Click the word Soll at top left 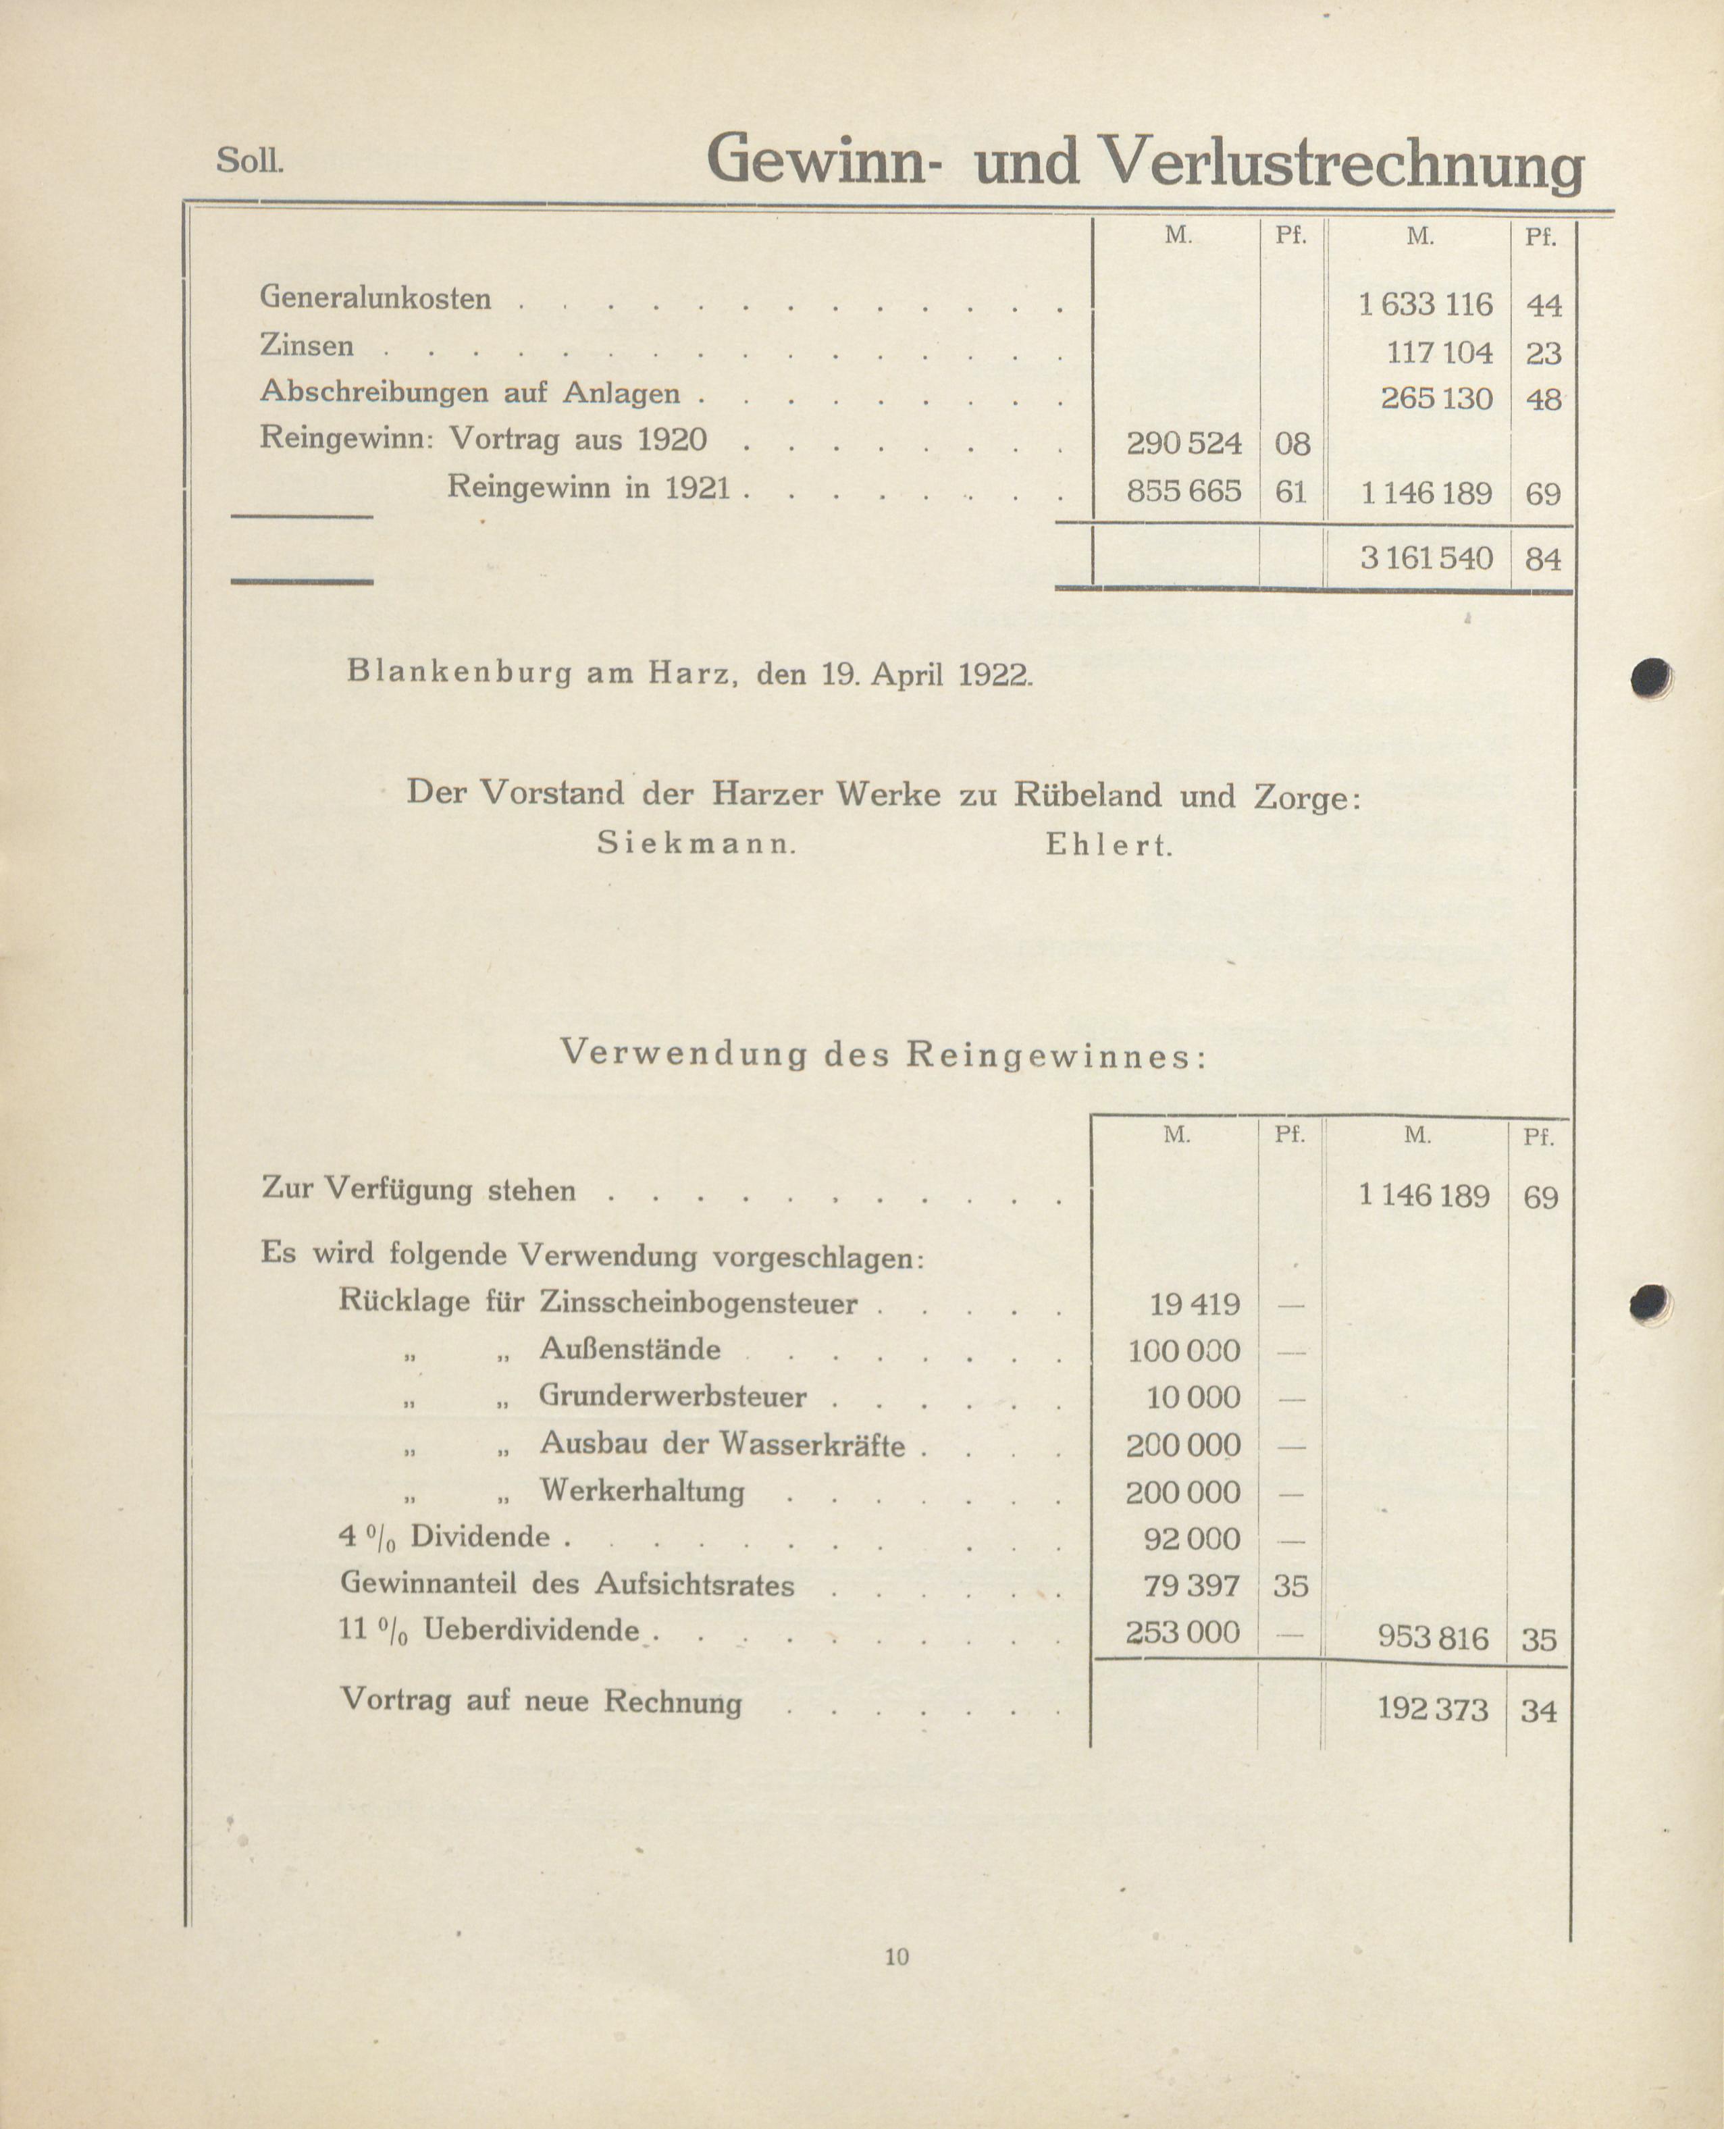pos(249,161)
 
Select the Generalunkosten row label pos(375,298)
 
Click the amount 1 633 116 pos(1425,304)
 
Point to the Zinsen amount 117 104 pos(1439,352)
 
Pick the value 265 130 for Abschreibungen pos(1436,399)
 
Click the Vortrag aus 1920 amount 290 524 pos(1184,443)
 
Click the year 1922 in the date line pos(995,675)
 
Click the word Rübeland pos(1087,795)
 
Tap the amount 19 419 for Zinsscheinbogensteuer pos(1195,1303)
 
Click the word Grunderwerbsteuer pos(673,1396)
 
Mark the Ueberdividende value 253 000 pos(1183,1631)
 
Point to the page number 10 pos(896,1956)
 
